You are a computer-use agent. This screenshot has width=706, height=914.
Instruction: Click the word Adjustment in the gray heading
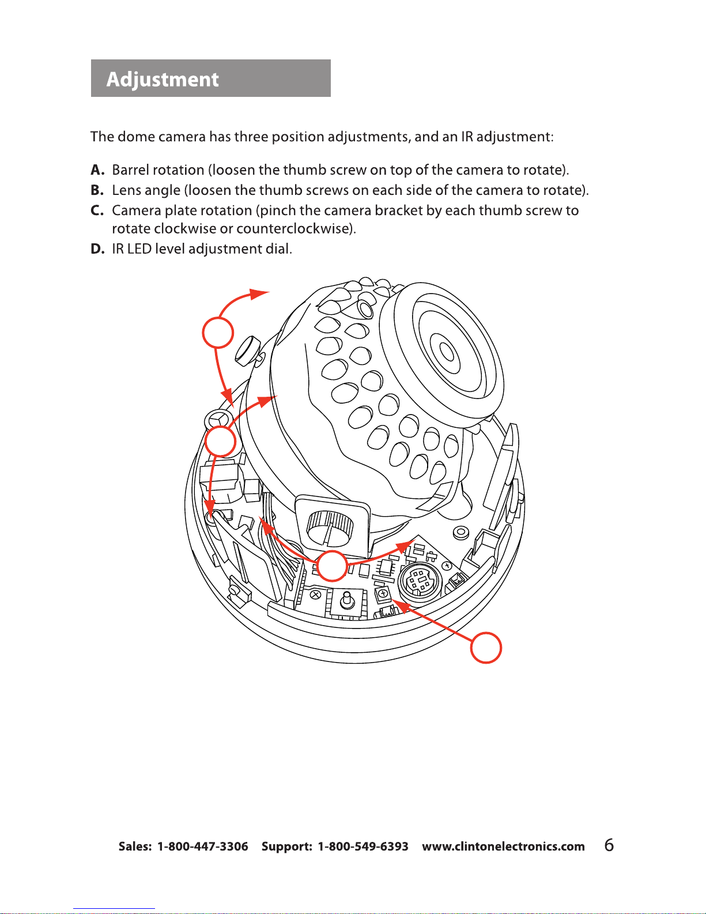tap(163, 79)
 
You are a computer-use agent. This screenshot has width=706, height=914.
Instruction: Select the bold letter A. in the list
tap(97, 170)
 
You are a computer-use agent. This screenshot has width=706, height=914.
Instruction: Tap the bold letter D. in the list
tap(97, 249)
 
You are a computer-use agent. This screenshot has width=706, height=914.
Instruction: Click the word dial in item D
tap(278, 249)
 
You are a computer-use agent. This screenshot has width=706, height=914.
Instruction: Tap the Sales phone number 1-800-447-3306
tap(202, 847)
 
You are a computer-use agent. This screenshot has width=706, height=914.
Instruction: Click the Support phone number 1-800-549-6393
tap(363, 847)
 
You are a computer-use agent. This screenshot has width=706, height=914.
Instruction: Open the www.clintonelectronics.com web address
tap(503, 847)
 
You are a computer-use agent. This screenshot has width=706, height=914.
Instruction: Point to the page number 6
tap(609, 845)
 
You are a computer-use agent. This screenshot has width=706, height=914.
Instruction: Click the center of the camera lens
tap(446, 350)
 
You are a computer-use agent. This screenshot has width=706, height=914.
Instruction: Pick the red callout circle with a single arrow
tap(486, 648)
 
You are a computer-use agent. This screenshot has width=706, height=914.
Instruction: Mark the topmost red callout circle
tap(218, 332)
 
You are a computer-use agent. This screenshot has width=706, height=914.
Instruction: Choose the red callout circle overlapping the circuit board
tap(333, 566)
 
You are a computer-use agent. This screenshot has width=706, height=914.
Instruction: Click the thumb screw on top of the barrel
tap(247, 349)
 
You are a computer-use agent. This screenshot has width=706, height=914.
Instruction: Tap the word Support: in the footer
tap(286, 847)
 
